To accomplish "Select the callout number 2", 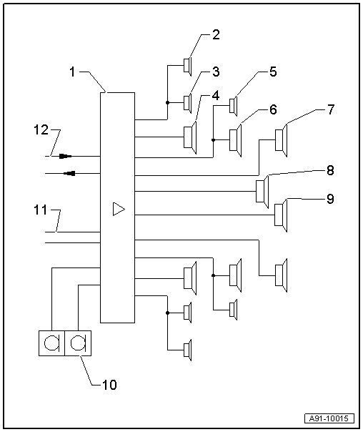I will [x=217, y=34].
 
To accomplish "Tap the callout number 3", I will [x=217, y=72].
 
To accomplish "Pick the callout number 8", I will [x=329, y=171].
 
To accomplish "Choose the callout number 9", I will [x=329, y=199].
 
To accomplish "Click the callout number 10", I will [x=110, y=384].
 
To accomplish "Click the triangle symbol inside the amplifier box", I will [x=119, y=209].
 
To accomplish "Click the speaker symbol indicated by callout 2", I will [x=187, y=65].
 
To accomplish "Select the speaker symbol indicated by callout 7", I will [x=282, y=139].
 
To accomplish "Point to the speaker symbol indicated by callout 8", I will [x=262, y=192].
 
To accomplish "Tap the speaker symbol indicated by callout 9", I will [x=281, y=215].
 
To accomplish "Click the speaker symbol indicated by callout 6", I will [x=236, y=139].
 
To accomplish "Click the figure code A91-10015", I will [x=331, y=418].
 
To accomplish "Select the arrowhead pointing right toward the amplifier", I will [x=65, y=155].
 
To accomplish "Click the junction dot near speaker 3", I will [x=167, y=102].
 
